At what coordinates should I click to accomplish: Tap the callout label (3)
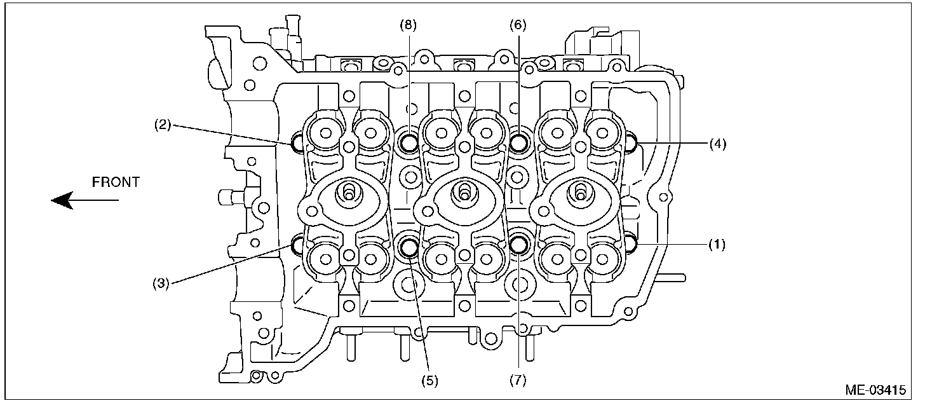pos(162,283)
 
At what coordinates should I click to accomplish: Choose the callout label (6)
pos(518,25)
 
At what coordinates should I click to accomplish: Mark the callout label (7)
pos(518,381)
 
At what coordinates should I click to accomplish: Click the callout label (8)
pos(407,25)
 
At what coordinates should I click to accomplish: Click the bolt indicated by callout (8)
pos(407,142)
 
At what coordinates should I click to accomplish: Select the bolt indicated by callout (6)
pos(519,142)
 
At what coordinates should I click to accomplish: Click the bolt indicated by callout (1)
pos(631,242)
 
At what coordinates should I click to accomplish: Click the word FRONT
pos(116,182)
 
